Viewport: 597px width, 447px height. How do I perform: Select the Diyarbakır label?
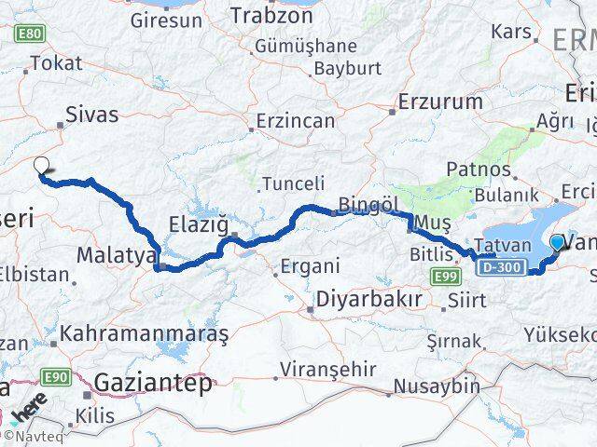(369, 300)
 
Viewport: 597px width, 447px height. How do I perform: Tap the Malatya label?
(116, 255)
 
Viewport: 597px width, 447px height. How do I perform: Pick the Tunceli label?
(293, 183)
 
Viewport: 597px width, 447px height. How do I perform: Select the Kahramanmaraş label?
(144, 332)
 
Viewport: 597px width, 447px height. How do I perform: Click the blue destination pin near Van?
(558, 243)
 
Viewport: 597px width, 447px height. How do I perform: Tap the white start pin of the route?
(41, 167)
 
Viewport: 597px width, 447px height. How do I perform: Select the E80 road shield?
(28, 34)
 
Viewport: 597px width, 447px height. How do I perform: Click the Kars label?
(510, 33)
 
